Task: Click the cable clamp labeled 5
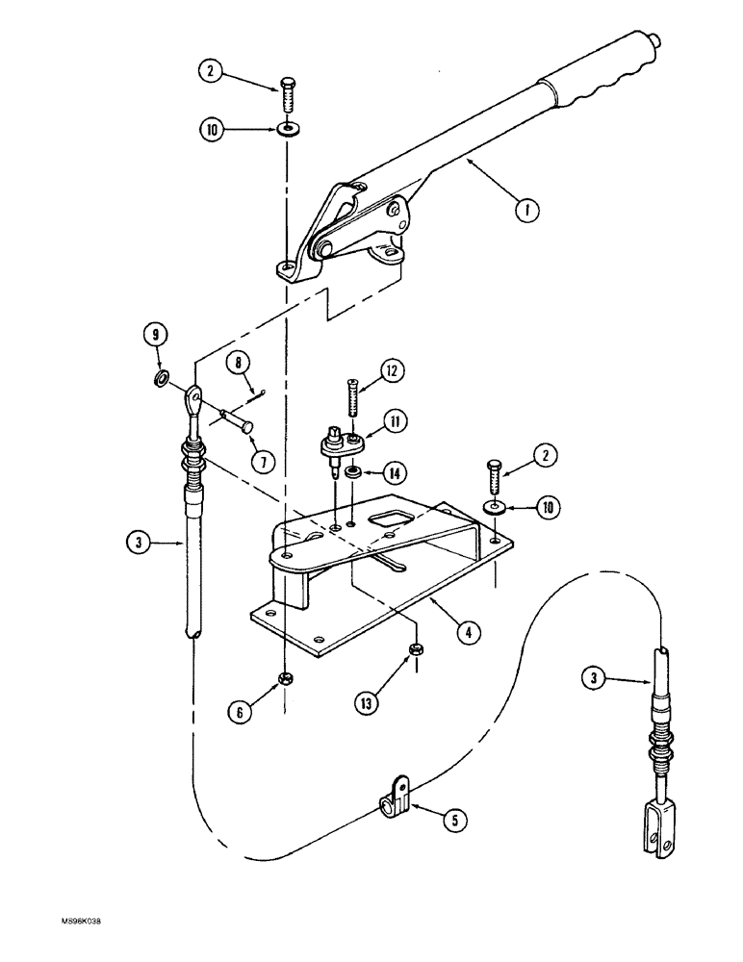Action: point(397,796)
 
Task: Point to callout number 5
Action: point(455,821)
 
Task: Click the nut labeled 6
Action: point(286,680)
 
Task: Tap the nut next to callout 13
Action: point(416,649)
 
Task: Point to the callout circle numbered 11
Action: point(397,420)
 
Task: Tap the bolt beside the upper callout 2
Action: point(287,96)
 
